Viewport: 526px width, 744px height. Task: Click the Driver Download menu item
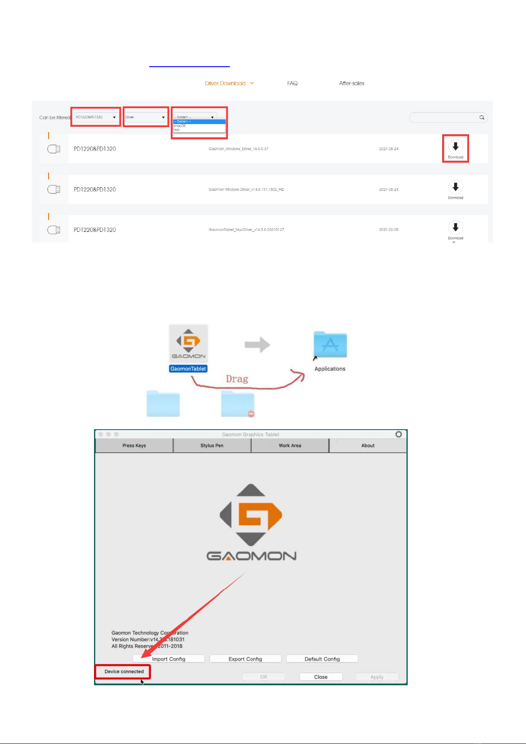point(225,83)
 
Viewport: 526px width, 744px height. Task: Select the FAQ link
point(292,83)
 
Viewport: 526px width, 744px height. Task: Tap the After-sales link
point(352,83)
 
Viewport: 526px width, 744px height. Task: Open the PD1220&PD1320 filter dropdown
point(96,117)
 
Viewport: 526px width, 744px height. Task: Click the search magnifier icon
point(482,117)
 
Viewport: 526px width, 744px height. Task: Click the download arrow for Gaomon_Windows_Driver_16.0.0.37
point(455,147)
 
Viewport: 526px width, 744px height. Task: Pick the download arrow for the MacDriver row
point(455,227)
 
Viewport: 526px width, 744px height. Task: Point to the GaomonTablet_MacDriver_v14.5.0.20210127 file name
point(246,230)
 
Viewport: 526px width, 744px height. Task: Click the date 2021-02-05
point(388,230)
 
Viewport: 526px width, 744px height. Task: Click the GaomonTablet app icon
point(188,344)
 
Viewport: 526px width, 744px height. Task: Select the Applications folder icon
point(330,345)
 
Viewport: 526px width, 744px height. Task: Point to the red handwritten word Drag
point(237,379)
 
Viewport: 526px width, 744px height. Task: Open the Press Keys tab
point(134,446)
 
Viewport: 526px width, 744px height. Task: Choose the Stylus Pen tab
point(212,446)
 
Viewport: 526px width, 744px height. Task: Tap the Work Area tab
point(290,446)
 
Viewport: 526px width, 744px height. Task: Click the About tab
point(368,446)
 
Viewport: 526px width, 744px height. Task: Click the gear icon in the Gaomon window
point(398,434)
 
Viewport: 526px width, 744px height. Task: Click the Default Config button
point(322,659)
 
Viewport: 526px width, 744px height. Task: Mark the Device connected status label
point(124,672)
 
